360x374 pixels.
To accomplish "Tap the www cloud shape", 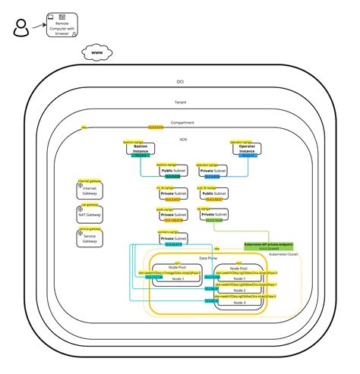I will coord(97,53).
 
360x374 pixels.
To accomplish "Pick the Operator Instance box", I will coord(246,149).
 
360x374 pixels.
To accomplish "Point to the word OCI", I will coord(179,81).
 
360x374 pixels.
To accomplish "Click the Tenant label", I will coord(180,102).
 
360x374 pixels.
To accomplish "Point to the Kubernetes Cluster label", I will coord(283,255).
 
